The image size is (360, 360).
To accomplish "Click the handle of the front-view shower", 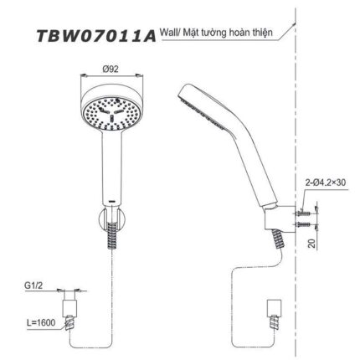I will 111,167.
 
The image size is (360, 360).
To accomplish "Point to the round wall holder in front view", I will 111,223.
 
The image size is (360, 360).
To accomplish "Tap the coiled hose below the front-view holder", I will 111,243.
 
